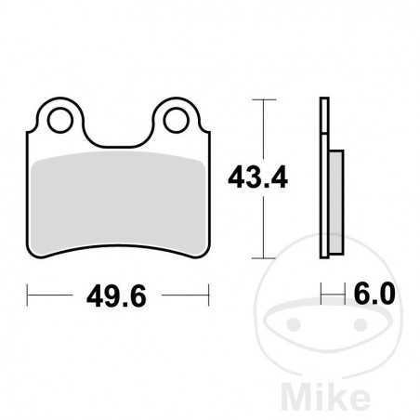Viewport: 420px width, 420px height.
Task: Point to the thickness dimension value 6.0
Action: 374,295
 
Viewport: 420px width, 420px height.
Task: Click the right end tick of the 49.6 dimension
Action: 206,296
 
